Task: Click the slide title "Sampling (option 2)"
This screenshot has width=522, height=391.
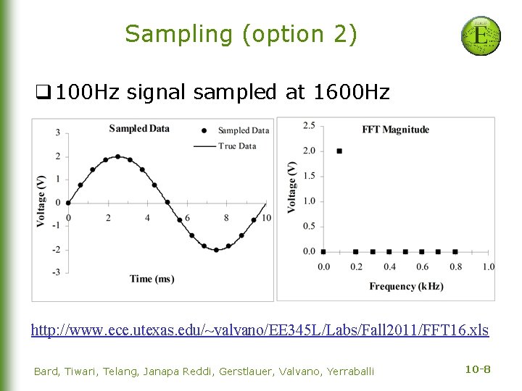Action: click(241, 34)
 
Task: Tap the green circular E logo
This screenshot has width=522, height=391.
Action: click(481, 35)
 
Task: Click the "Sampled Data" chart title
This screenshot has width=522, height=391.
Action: click(139, 129)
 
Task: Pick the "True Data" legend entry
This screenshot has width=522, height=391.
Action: click(236, 146)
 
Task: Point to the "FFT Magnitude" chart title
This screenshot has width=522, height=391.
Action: click(395, 130)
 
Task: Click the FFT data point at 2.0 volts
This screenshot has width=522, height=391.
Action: click(339, 151)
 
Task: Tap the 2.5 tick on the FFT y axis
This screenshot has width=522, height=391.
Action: click(309, 126)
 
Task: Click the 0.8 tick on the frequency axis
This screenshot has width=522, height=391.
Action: click(455, 266)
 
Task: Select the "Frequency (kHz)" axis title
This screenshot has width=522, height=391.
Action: click(406, 286)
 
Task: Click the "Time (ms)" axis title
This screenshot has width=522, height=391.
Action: click(152, 279)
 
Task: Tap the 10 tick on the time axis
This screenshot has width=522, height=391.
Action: click(266, 218)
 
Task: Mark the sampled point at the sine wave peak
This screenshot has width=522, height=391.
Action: click(117, 156)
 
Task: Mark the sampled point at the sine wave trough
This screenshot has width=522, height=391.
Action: click(216, 250)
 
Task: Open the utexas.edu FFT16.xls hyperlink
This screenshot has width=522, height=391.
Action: click(260, 330)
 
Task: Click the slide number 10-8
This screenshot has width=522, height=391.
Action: click(477, 370)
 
